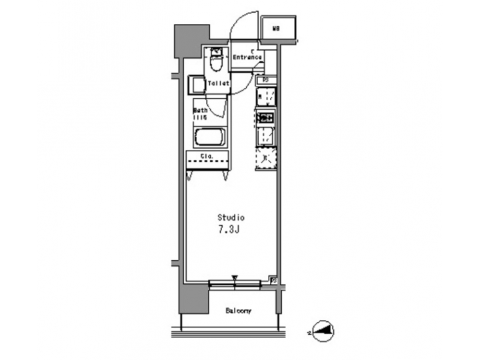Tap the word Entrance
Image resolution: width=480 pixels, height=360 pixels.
247,58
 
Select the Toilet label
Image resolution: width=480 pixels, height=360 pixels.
218,83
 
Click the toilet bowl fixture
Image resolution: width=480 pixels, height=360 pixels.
216,62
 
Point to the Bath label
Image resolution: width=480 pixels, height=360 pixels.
200,110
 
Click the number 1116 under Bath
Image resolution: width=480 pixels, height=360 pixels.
200,117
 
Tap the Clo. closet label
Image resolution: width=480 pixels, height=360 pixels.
207,158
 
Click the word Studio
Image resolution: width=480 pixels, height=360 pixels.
231,217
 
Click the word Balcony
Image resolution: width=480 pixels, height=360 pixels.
238,311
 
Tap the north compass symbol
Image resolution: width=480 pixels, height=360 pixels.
323,330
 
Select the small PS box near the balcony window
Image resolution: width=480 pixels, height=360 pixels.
273,280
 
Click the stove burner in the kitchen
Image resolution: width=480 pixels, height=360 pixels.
266,117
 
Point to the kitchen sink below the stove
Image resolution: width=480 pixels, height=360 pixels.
266,137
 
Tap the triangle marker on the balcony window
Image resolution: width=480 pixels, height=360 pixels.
235,279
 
